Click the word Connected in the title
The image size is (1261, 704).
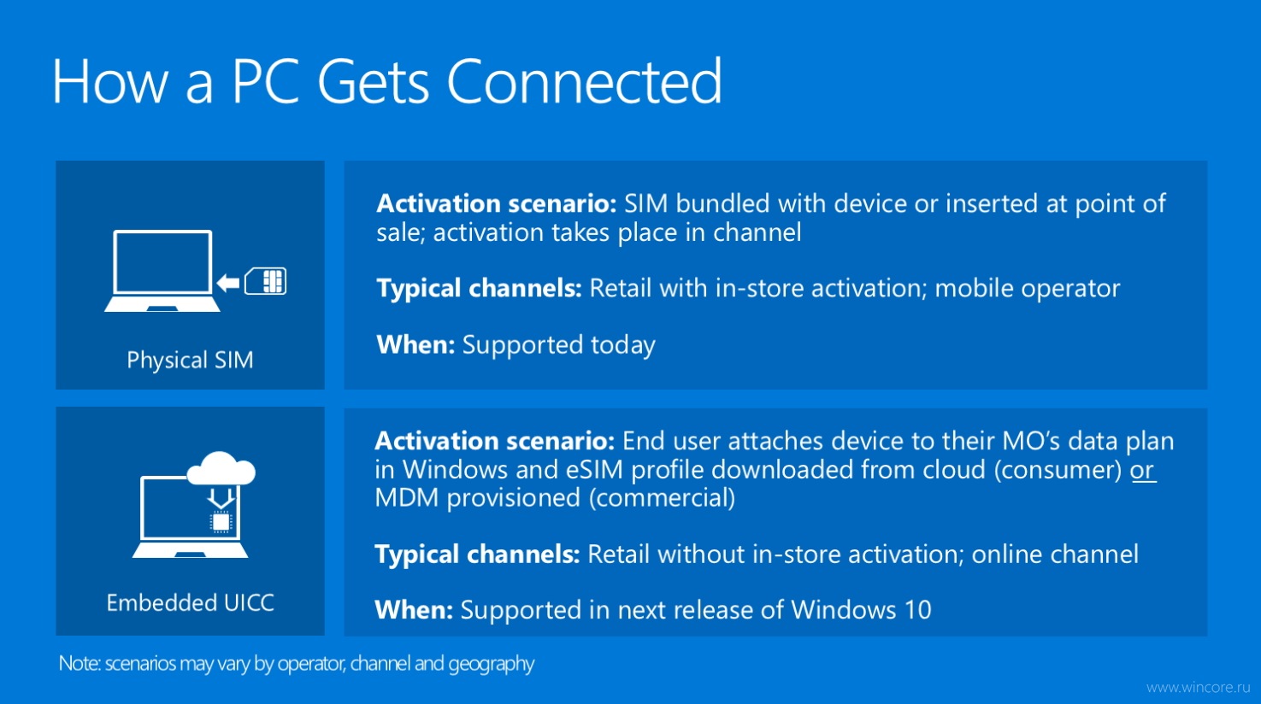coord(584,82)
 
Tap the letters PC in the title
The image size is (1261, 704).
coord(264,82)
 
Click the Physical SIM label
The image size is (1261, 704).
coord(190,361)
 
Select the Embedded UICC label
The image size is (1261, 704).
coord(191,602)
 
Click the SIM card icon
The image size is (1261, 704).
coord(265,281)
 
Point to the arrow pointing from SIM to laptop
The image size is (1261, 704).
coord(228,282)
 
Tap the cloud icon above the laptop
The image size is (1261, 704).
coord(221,468)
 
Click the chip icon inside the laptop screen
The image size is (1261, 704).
coord(221,523)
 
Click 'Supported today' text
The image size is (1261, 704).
coord(558,345)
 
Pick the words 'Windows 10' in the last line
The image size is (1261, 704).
coord(861,610)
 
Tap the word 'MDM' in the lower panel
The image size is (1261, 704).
coord(406,498)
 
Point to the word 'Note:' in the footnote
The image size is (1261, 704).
coord(80,664)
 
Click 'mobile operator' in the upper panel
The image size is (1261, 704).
coord(1028,289)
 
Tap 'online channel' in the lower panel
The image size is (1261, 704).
coord(1055,554)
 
